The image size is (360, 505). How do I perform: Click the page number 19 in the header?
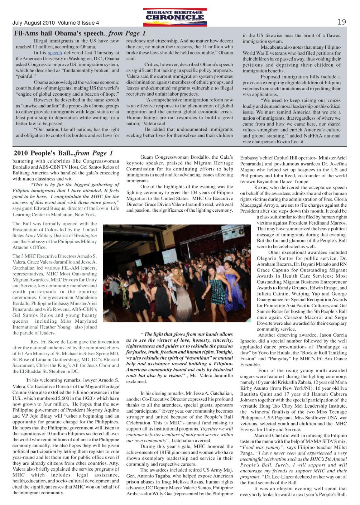(x=341, y=22)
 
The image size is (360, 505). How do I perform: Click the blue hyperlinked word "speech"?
(x=55, y=53)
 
